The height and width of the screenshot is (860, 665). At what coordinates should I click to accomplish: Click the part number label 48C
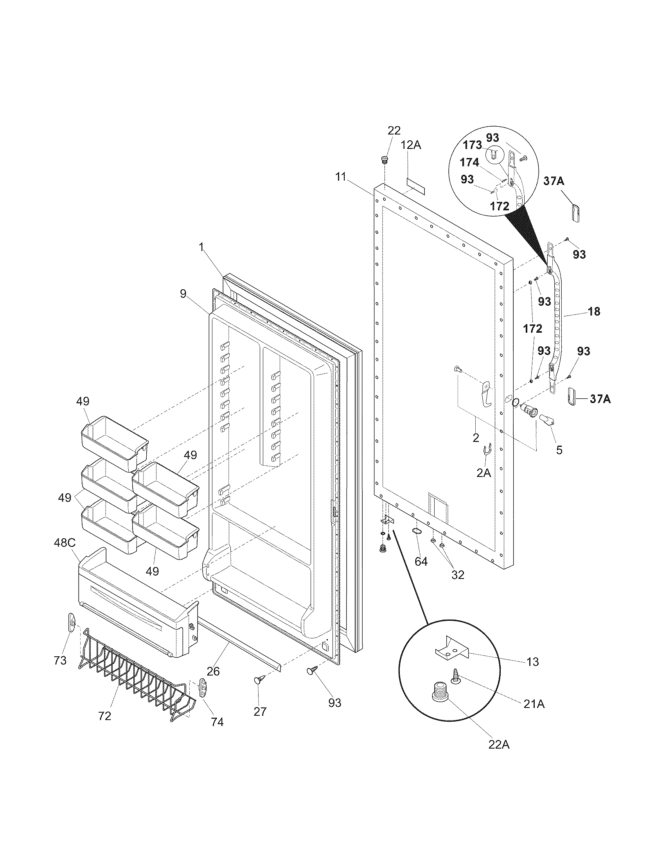pyautogui.click(x=64, y=543)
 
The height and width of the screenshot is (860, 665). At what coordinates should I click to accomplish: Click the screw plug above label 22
pyautogui.click(x=384, y=160)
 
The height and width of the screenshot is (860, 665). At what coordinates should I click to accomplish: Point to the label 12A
pyautogui.click(x=411, y=145)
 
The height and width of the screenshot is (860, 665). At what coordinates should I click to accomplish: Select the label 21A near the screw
pyautogui.click(x=534, y=704)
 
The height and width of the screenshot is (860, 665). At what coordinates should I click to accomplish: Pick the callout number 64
pyautogui.click(x=421, y=561)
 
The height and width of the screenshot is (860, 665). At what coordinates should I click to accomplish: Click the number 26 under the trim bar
pyautogui.click(x=213, y=671)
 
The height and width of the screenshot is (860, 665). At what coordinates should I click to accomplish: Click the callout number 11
pyautogui.click(x=340, y=177)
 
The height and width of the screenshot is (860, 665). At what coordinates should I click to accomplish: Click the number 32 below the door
pyautogui.click(x=457, y=575)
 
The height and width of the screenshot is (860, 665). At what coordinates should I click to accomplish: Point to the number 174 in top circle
pyautogui.click(x=469, y=162)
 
